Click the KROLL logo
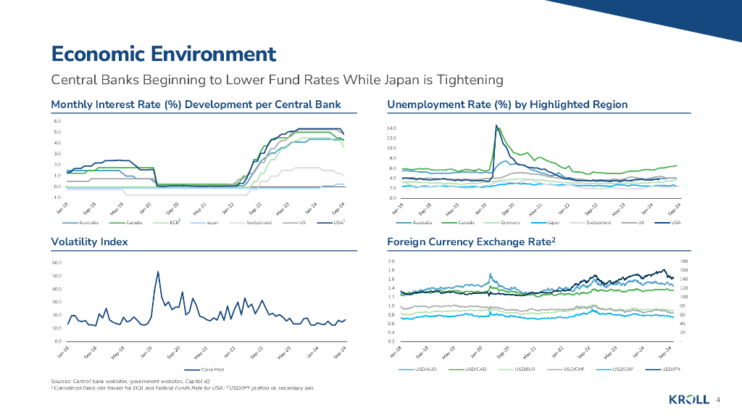click(688, 401)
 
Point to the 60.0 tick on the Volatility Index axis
click(56, 263)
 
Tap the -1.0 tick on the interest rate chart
click(56, 197)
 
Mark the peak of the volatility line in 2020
click(159, 271)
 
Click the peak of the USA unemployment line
click(496, 126)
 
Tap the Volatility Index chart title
click(89, 242)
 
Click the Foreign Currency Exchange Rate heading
click(470, 242)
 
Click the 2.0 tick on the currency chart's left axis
click(391, 261)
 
